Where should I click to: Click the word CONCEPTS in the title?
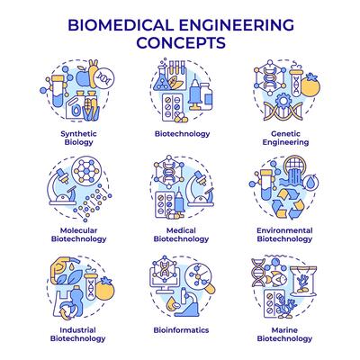point(181,42)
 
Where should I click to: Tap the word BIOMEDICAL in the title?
point(121,25)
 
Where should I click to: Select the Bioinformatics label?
point(181,330)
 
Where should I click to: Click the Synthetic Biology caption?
point(78,138)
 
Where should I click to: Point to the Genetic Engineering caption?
point(285,138)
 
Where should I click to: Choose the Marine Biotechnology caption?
point(284,334)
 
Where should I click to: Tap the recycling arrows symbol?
point(288,204)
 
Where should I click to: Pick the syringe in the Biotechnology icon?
point(194,93)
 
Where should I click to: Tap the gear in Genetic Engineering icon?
point(283,101)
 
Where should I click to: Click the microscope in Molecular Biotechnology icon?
point(64,188)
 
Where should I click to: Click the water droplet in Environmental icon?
point(309,182)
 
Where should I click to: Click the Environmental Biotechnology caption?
point(284,235)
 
